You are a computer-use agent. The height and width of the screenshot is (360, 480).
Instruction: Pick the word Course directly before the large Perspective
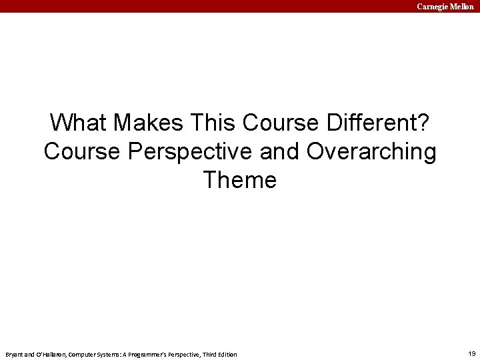tap(81, 151)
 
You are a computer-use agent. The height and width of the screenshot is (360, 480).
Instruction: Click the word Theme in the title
tap(240, 180)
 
